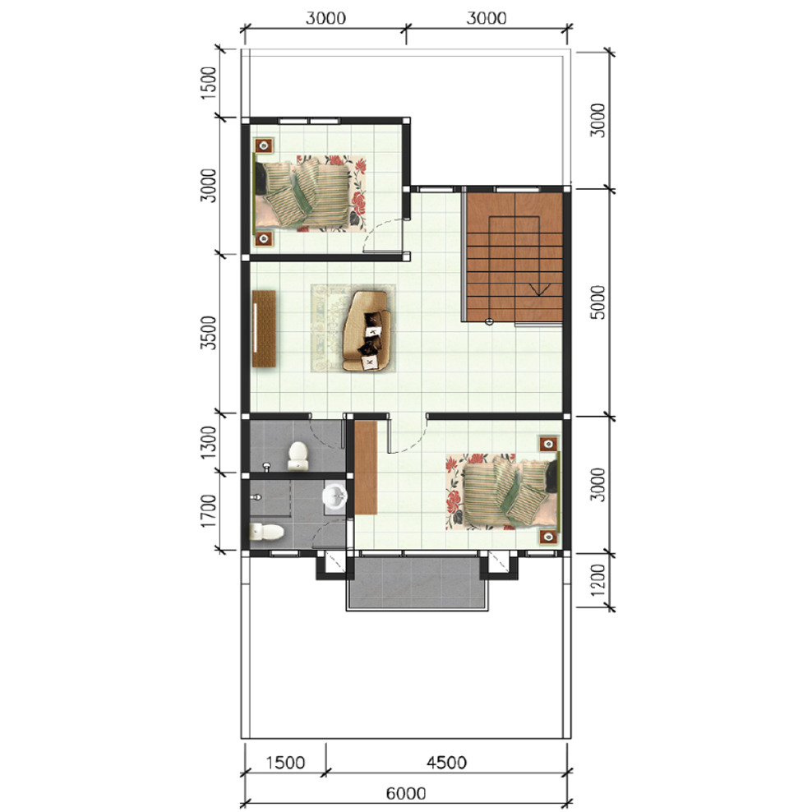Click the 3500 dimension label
[209, 333]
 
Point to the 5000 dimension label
[597, 302]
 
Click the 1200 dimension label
[597, 580]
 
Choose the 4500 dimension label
[446, 763]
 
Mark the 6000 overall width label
[407, 793]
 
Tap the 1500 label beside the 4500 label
[285, 763]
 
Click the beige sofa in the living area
[366, 331]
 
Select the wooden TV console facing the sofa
[264, 329]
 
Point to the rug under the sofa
[353, 328]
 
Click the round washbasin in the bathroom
[335, 496]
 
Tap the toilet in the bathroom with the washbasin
[267, 532]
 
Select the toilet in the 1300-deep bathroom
[298, 456]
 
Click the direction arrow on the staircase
[538, 290]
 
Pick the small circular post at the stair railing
[489, 321]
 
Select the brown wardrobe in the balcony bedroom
[366, 468]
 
